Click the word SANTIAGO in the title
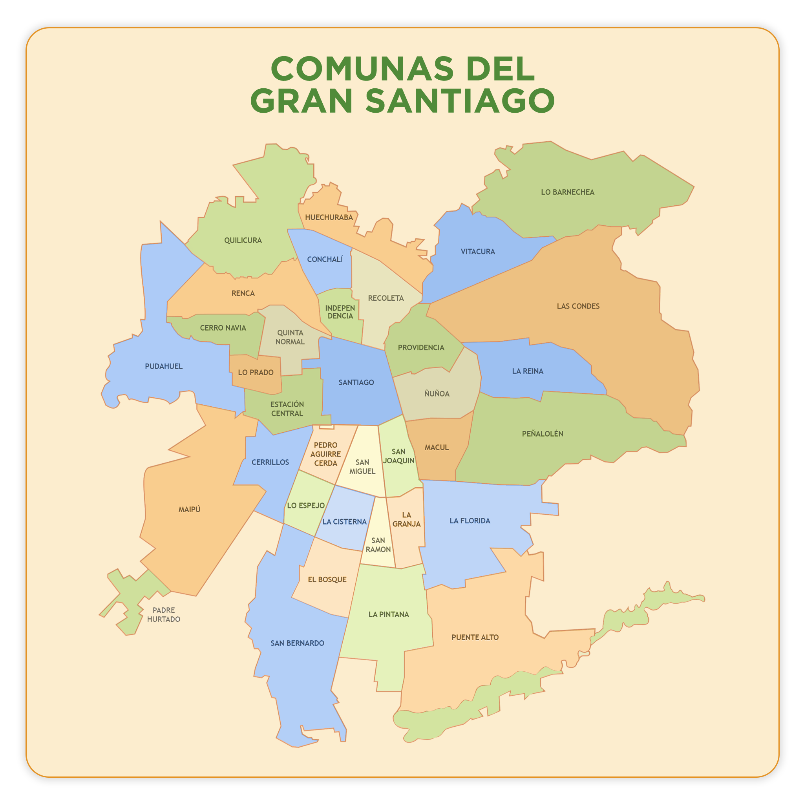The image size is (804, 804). pos(460,101)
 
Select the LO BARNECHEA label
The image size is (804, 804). pos(567,192)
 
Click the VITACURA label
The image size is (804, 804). pos(477,252)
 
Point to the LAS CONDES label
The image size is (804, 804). pos(578,306)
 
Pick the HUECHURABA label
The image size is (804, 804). pos(329,217)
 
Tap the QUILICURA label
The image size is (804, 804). pos(243,241)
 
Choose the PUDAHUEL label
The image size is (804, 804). pos(164,366)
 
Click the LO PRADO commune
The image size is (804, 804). pos(256,373)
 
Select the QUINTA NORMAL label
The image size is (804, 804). pos(290,337)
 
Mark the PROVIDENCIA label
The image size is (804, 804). pos(421,347)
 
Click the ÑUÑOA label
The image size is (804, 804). pos(437,394)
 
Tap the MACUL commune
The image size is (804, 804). pos(437,448)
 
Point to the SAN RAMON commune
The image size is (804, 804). pos(378,545)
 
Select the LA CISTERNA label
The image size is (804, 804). pos(344,522)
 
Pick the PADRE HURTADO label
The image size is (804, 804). pos(164,615)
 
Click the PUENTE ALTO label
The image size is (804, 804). pos(475,638)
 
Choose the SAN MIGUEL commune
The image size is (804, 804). pos(362,466)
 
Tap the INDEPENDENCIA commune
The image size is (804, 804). pos(340,312)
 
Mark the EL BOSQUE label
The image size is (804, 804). pos(327,580)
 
